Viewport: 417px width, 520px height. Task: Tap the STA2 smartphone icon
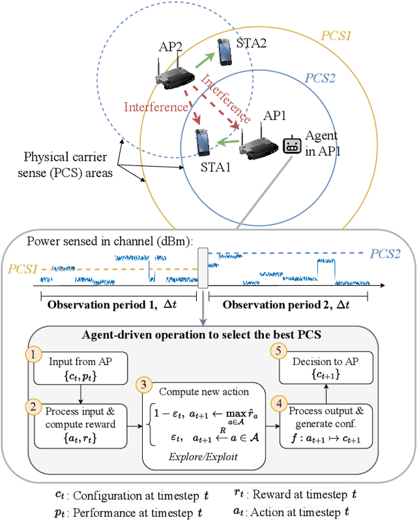[225, 51]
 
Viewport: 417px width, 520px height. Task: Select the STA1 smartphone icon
[203, 143]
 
